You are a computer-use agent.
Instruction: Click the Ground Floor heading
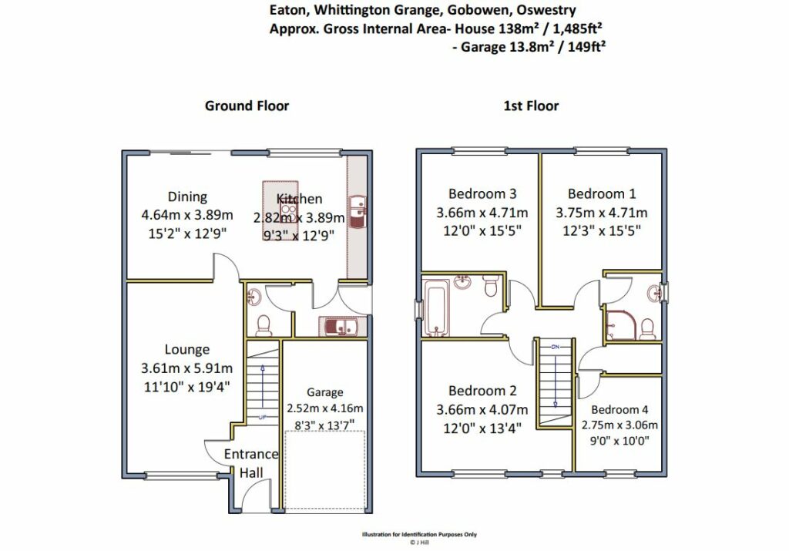click(x=247, y=106)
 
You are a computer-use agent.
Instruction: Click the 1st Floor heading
click(x=531, y=106)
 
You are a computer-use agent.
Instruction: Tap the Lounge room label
click(x=186, y=349)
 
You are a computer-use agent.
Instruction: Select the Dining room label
click(x=187, y=197)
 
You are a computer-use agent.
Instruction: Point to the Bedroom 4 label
click(x=619, y=410)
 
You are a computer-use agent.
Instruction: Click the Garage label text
click(x=325, y=392)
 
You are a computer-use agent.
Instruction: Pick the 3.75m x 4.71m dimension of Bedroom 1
click(x=601, y=213)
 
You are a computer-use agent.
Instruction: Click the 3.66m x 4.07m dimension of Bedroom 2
click(x=482, y=410)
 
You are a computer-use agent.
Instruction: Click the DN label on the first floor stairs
click(x=556, y=347)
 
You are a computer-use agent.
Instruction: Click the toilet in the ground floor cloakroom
click(x=264, y=325)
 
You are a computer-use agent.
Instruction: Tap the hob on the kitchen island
click(x=288, y=211)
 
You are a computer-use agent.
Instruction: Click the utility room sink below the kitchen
click(x=337, y=326)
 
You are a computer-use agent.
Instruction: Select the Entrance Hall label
click(x=250, y=463)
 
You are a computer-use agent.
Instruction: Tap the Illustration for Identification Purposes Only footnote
click(x=419, y=534)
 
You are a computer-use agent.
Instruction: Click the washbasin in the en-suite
click(x=654, y=292)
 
